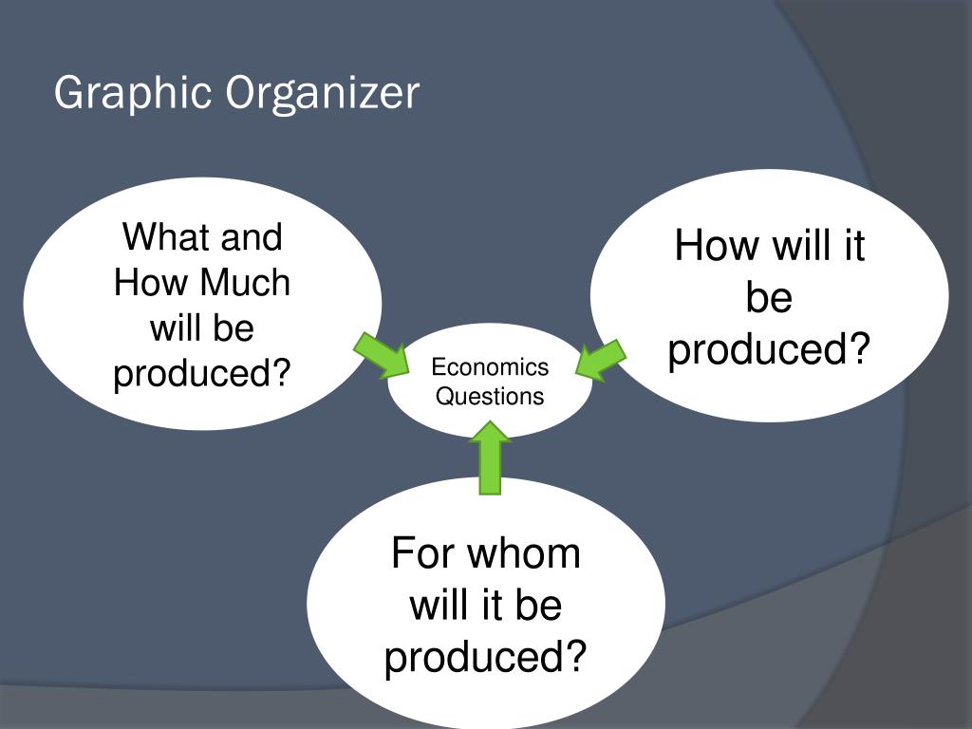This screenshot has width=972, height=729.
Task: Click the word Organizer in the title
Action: point(322,94)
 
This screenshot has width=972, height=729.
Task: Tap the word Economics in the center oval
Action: point(490,367)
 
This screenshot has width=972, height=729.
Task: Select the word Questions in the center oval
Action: point(490,396)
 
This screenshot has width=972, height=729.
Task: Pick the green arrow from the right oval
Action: point(600,360)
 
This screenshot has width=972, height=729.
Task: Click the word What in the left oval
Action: point(162,237)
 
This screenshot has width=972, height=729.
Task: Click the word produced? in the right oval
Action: point(769,349)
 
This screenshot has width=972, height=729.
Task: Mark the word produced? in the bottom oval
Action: point(485,657)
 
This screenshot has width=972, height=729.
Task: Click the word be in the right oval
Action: point(769,298)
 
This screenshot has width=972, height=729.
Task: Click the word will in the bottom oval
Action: point(439,605)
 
